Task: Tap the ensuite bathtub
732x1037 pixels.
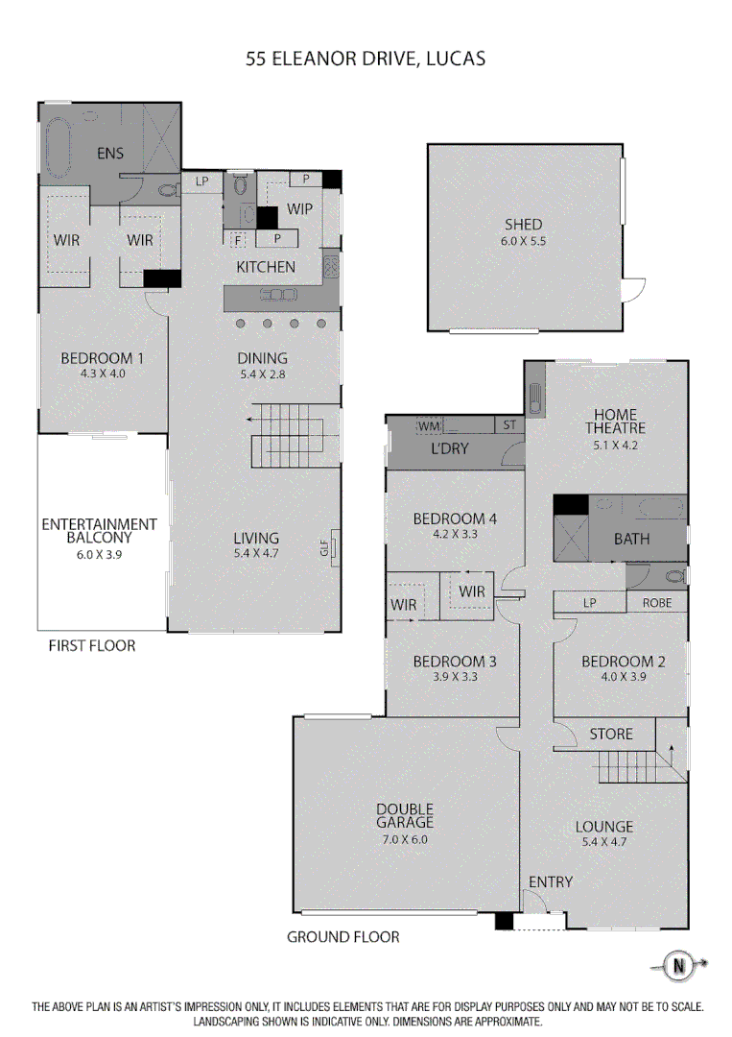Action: (59, 148)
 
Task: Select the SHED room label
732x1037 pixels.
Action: (523, 225)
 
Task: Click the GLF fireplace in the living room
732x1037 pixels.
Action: (335, 548)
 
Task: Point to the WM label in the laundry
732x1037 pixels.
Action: (428, 425)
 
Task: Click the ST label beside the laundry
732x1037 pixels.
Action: (508, 425)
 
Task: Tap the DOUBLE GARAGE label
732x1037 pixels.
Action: (404, 815)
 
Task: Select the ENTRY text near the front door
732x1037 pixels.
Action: (550, 881)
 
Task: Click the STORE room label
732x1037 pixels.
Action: (610, 734)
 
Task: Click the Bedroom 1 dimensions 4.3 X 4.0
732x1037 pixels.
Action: (102, 374)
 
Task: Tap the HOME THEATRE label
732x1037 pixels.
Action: (616, 421)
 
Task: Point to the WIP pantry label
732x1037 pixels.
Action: (299, 208)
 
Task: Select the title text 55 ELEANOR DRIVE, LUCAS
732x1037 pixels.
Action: (366, 59)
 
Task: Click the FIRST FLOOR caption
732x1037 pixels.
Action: (91, 646)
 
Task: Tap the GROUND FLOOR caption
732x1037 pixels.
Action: (342, 936)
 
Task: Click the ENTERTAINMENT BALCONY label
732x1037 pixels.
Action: (99, 530)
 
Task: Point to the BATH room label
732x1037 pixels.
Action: (631, 539)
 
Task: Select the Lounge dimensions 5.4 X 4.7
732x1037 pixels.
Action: (604, 842)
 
